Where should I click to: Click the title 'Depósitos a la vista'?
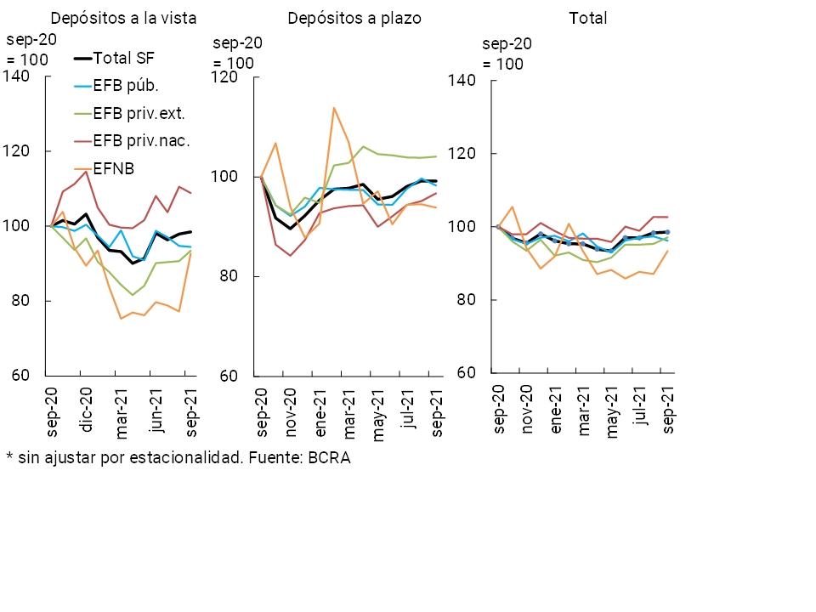pyautogui.click(x=124, y=19)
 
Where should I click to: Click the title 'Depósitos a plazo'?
pyautogui.click(x=354, y=19)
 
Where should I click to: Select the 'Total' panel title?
pyautogui.click(x=589, y=19)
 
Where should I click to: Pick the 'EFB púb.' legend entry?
pyautogui.click(x=126, y=85)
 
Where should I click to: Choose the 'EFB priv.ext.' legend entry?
pyautogui.click(x=139, y=113)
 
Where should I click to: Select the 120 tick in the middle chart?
pyautogui.click(x=225, y=76)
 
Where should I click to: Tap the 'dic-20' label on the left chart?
pyautogui.click(x=86, y=411)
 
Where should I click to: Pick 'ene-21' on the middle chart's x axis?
pyautogui.click(x=320, y=412)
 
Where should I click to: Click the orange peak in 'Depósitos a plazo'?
pyautogui.click(x=334, y=108)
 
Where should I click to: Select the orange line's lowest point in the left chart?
pyautogui.click(x=121, y=319)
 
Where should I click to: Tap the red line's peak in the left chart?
pyautogui.click(x=86, y=172)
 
